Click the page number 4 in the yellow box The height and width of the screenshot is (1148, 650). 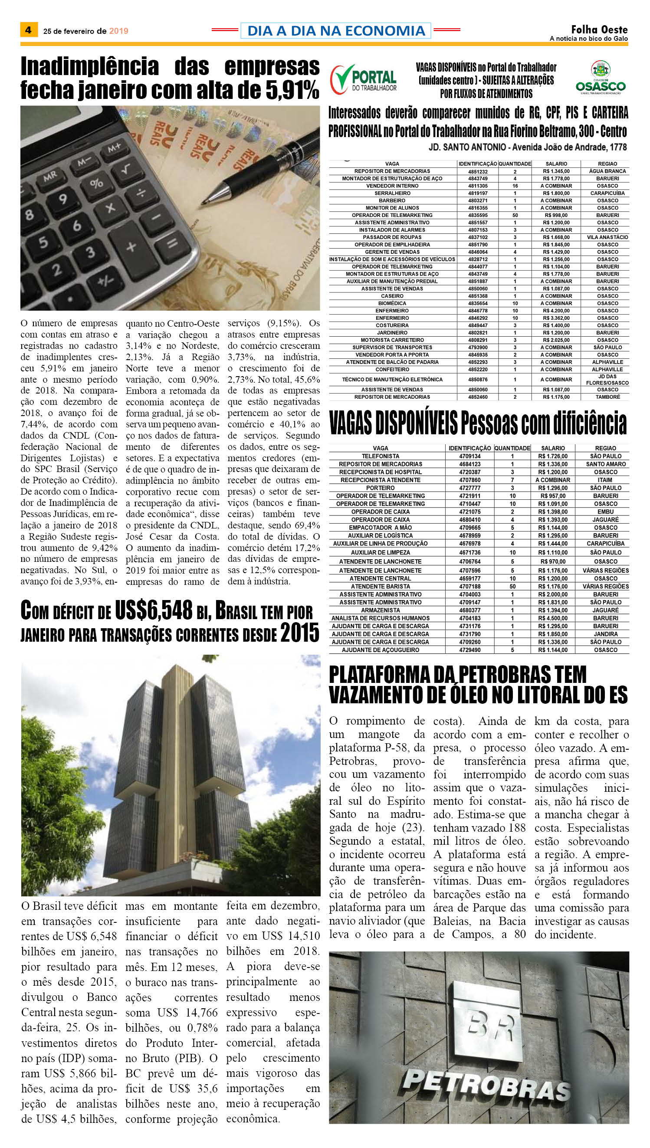pyautogui.click(x=29, y=30)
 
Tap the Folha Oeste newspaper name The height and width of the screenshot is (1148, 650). pyautogui.click(x=599, y=30)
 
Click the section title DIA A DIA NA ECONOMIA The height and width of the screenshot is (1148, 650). pyautogui.click(x=336, y=30)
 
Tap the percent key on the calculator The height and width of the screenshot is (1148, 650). pyautogui.click(x=96, y=183)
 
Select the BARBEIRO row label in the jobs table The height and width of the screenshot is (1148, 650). pyautogui.click(x=392, y=200)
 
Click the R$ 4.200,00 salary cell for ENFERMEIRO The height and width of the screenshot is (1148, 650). pyautogui.click(x=556, y=311)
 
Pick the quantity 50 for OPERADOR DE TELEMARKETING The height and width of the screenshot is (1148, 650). pyautogui.click(x=515, y=215)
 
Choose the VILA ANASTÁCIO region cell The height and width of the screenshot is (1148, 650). pyautogui.click(x=607, y=237)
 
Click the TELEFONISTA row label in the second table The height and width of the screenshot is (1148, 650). pyautogui.click(x=381, y=456)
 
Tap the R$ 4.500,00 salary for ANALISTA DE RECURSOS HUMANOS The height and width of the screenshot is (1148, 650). pyautogui.click(x=553, y=618)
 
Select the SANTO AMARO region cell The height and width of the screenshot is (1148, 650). pyautogui.click(x=605, y=464)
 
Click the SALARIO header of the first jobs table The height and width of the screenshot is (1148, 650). pyautogui.click(x=556, y=164)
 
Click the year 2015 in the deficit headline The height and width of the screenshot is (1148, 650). pyautogui.click(x=299, y=633)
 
